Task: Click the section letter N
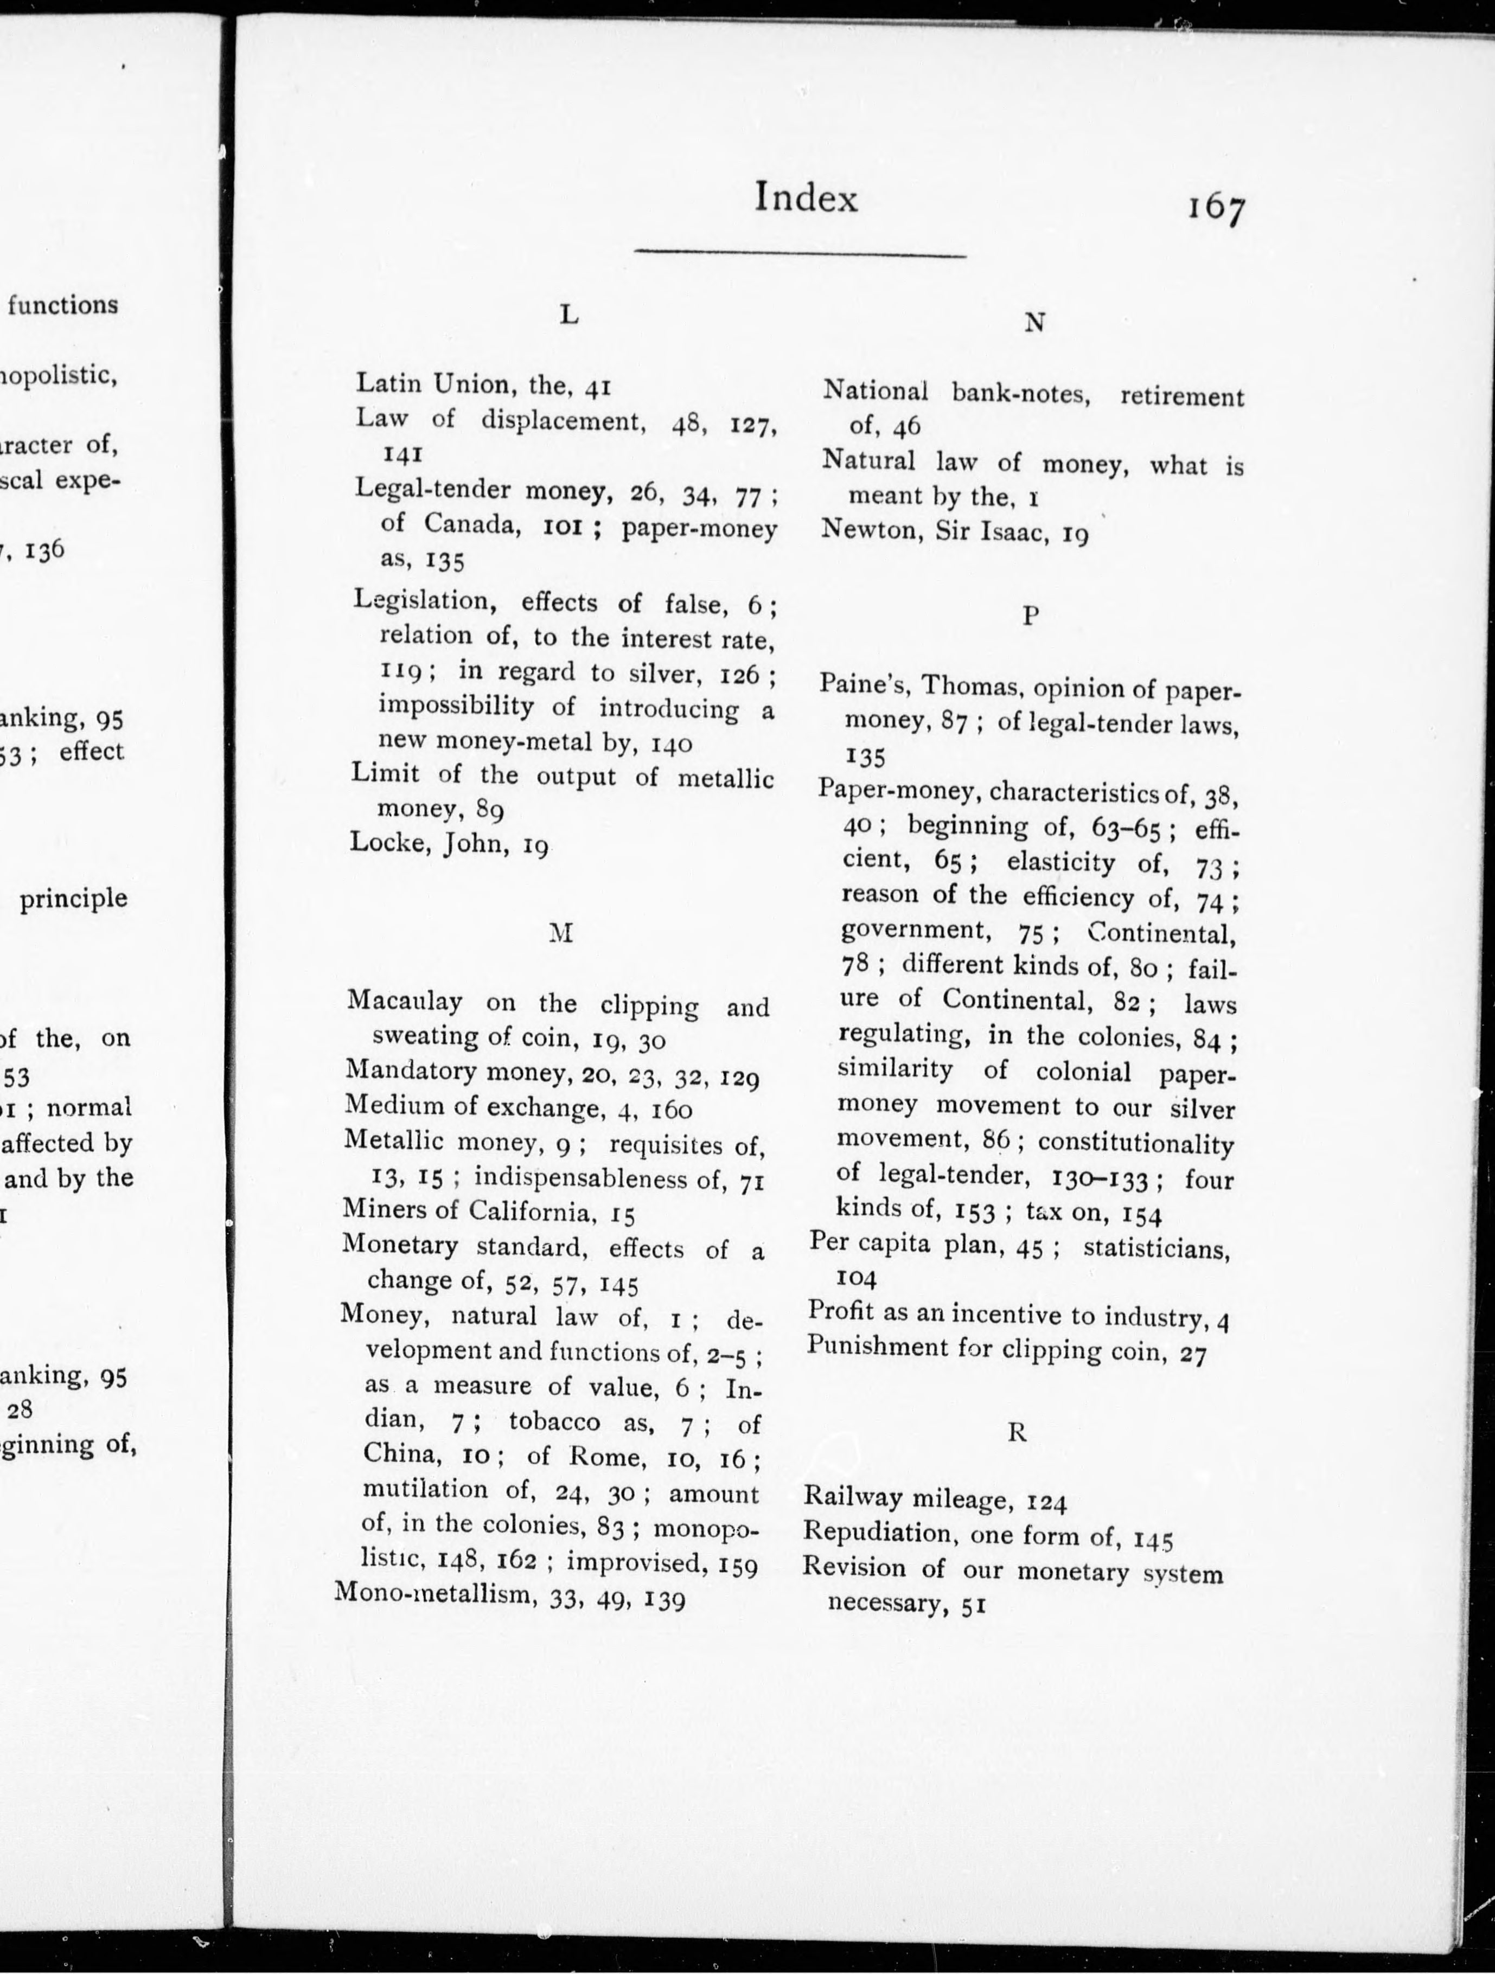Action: point(1033,323)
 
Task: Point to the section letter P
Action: point(1031,615)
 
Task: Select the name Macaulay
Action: point(404,1001)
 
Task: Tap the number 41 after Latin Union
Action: point(597,387)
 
